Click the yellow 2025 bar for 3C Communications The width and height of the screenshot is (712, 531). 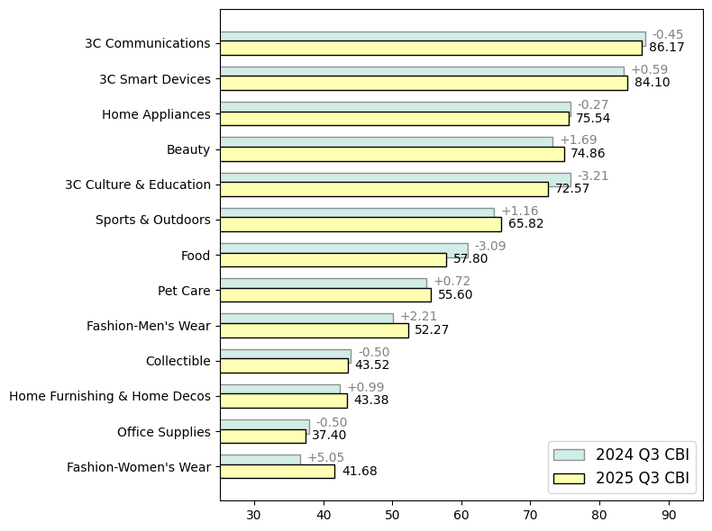click(431, 48)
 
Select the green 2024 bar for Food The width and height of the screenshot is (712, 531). click(343, 248)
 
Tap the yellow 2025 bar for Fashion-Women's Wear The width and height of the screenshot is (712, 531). click(277, 471)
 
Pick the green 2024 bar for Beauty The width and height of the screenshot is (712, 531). click(386, 142)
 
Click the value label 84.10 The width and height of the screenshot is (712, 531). click(652, 83)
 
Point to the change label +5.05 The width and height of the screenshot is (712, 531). click(325, 458)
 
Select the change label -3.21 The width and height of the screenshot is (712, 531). click(593, 176)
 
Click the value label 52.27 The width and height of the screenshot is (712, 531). click(432, 330)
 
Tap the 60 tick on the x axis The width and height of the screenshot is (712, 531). click(461, 515)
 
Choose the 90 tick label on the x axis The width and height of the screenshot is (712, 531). click(669, 515)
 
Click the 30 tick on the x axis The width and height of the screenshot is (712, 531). click(254, 515)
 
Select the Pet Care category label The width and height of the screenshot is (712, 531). click(184, 291)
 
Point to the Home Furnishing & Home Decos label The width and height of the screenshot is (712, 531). click(110, 396)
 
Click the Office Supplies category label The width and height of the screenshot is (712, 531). click(164, 432)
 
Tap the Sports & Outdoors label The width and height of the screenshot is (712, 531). click(153, 220)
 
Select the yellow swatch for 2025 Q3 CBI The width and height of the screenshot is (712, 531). click(569, 478)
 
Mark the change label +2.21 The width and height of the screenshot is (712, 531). click(418, 317)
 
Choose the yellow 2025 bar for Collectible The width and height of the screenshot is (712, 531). click(284, 365)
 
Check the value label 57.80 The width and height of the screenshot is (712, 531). click(470, 259)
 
